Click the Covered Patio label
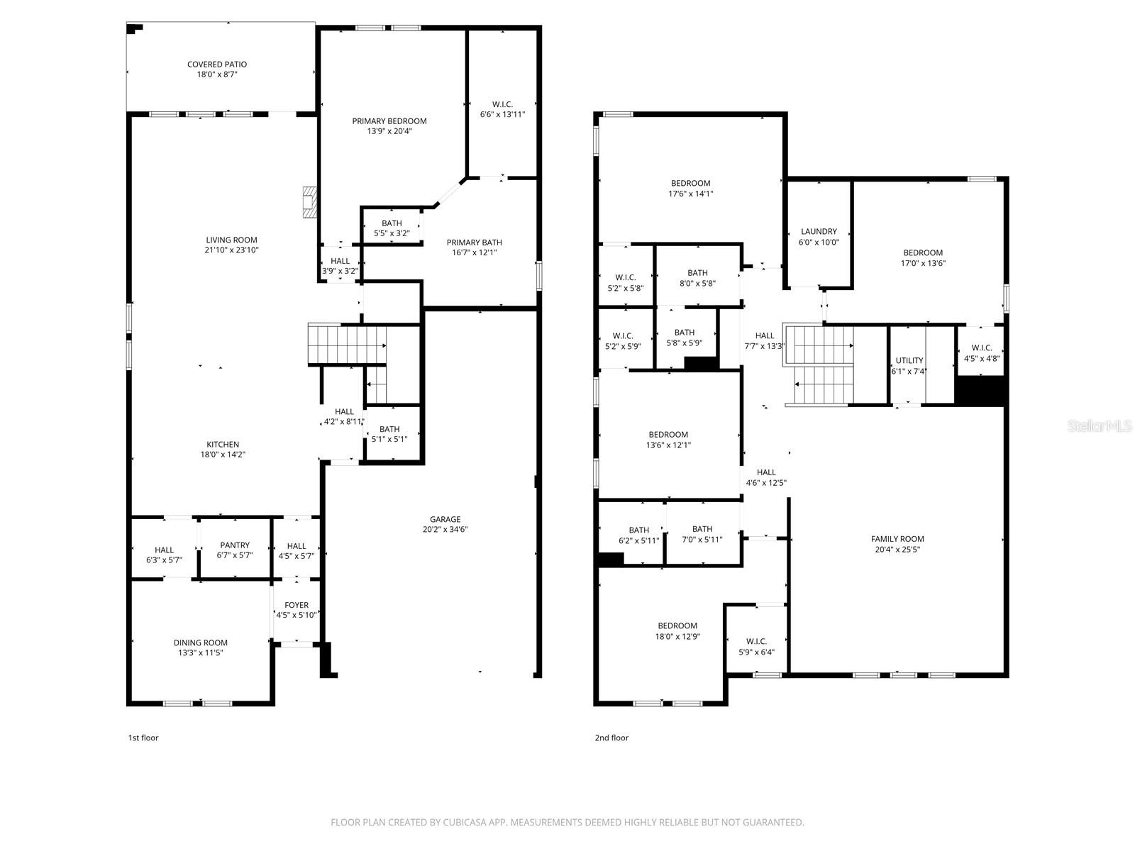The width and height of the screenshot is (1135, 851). pos(216,65)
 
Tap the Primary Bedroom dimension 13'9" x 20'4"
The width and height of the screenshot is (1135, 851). pos(389,131)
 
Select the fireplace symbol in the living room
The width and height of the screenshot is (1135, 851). pos(309,202)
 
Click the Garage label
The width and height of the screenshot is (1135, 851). pos(445,519)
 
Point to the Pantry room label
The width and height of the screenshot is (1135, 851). pos(234,545)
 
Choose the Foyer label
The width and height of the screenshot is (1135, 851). pos(297,605)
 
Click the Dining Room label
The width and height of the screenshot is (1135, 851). pos(201,643)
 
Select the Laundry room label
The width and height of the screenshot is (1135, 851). pos(819,231)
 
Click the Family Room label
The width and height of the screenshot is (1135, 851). pos(897,539)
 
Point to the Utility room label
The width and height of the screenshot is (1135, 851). pos(909,360)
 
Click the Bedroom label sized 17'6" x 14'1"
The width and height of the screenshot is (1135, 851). pos(690,183)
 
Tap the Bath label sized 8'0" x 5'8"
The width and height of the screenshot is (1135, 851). pos(697,273)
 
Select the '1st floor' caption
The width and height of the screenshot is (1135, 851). pos(143,738)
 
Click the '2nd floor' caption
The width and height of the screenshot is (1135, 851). pos(611,738)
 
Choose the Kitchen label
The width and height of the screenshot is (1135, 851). pos(223,445)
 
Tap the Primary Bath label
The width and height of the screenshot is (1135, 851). pos(474,243)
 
